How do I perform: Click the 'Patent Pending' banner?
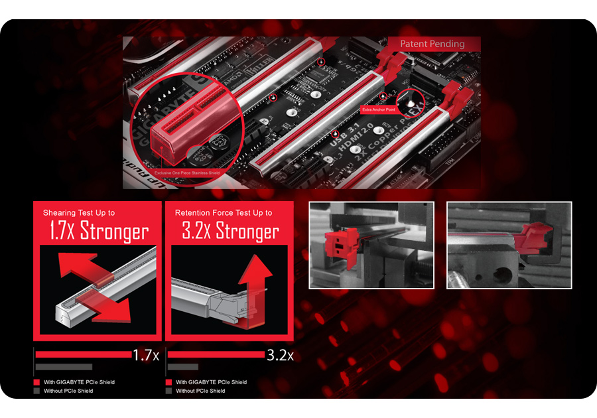click(432, 44)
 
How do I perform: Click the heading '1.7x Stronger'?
click(98, 232)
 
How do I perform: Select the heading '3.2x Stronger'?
click(230, 232)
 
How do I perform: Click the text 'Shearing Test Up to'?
click(79, 213)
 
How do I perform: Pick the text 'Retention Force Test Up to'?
click(224, 213)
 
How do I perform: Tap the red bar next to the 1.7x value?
click(83, 354)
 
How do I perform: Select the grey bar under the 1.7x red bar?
click(64, 366)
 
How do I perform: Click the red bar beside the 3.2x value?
click(216, 354)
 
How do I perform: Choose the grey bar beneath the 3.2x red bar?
click(183, 366)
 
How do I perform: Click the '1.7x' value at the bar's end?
click(146, 355)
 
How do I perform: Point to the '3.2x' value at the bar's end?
click(279, 355)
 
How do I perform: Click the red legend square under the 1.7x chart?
click(36, 382)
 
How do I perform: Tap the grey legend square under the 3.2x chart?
click(169, 391)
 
